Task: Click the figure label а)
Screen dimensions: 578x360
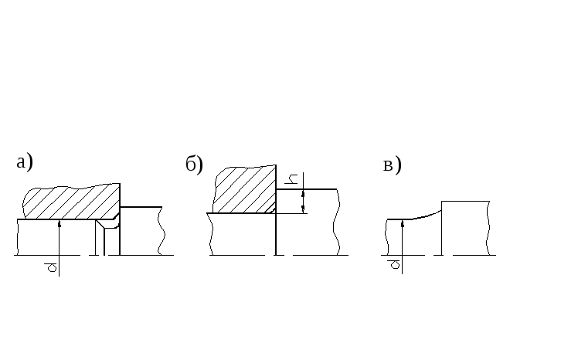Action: pyautogui.click(x=25, y=161)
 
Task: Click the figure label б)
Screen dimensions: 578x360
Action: pyautogui.click(x=194, y=165)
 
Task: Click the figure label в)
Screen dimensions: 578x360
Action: pyautogui.click(x=393, y=165)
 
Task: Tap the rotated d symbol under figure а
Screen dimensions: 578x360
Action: pyautogui.click(x=51, y=267)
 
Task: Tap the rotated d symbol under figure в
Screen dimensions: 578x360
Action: pyautogui.click(x=394, y=264)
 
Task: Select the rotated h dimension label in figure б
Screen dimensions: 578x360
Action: pyautogui.click(x=291, y=179)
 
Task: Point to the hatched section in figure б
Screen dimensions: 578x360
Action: pyautogui.click(x=245, y=189)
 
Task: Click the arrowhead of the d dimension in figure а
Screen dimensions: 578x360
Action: pyautogui.click(x=59, y=223)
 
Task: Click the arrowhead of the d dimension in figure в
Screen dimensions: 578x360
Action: pyautogui.click(x=402, y=223)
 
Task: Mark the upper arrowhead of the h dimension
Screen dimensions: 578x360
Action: pyautogui.click(x=304, y=192)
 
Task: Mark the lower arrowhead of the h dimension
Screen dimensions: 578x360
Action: pyautogui.click(x=304, y=209)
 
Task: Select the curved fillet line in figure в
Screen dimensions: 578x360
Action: pyautogui.click(x=426, y=216)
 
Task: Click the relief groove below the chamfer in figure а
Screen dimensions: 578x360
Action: pyautogui.click(x=107, y=224)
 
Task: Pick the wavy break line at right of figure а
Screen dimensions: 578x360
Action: pyautogui.click(x=161, y=231)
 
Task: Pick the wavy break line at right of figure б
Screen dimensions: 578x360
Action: pyautogui.click(x=337, y=222)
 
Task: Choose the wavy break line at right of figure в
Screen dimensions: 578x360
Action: pyautogui.click(x=488, y=228)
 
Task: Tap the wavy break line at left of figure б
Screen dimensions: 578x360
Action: pyautogui.click(x=210, y=234)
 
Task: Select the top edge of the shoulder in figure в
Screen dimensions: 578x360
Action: pyautogui.click(x=466, y=201)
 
